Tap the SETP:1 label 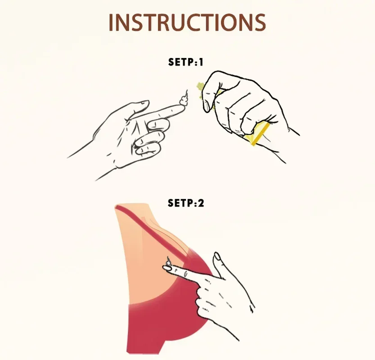(x=185, y=62)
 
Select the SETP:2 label (x=186, y=203)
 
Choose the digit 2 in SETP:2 (x=201, y=203)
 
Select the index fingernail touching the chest (x=167, y=268)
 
